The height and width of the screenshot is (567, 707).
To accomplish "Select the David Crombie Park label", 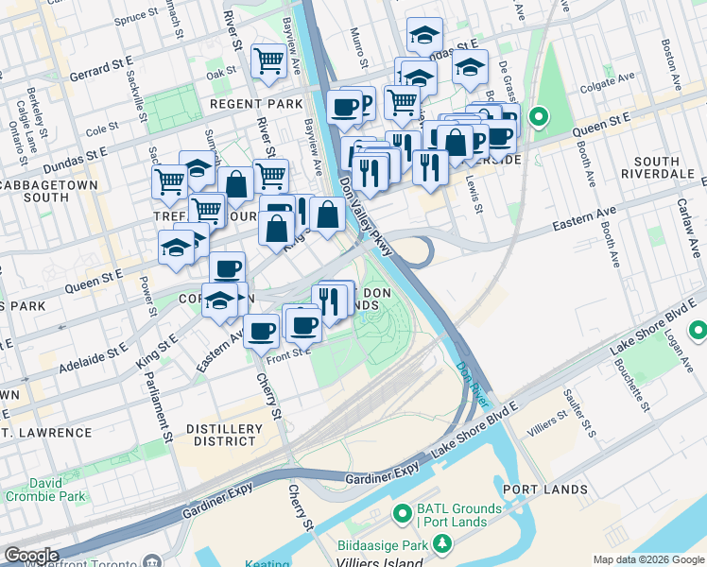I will [x=44, y=490].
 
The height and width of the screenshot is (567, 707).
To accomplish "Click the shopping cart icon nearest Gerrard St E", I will [x=269, y=60].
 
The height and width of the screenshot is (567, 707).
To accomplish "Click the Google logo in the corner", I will [x=31, y=556].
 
